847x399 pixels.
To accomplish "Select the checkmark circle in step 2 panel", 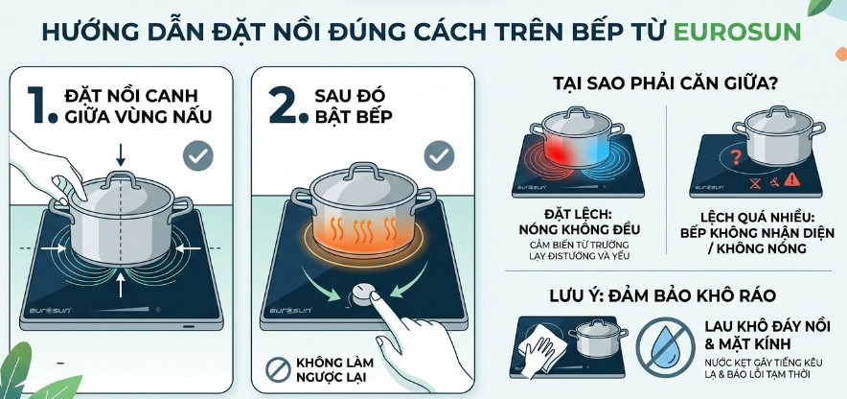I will point(439,155).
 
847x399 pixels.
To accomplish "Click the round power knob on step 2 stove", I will point(363,295).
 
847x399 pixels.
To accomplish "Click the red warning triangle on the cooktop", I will point(791,178).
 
